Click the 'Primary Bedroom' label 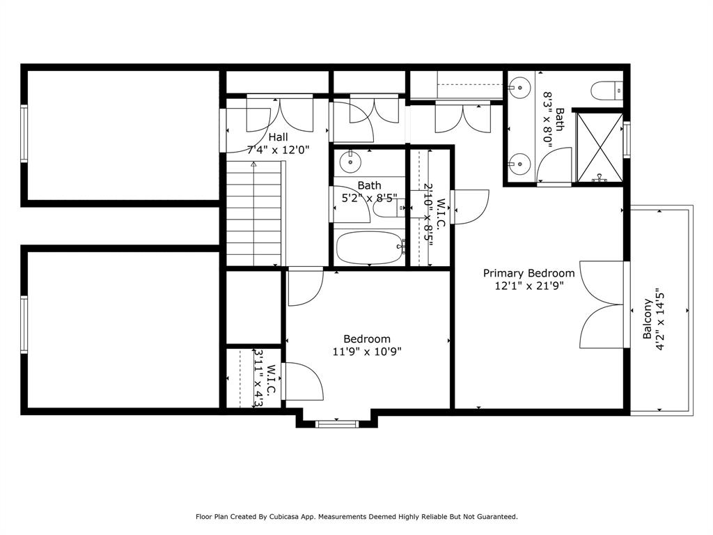pos(529,273)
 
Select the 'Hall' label pos(278,137)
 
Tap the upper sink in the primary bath pos(516,88)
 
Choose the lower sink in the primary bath pos(516,165)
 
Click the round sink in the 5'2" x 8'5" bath pos(350,162)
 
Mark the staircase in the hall pos(255,212)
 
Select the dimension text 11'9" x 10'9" pos(367,351)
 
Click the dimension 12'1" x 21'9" pos(529,285)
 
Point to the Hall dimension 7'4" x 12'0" pos(278,149)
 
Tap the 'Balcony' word pos(648,319)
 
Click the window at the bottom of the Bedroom pos(337,423)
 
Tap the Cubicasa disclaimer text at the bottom pos(356,517)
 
